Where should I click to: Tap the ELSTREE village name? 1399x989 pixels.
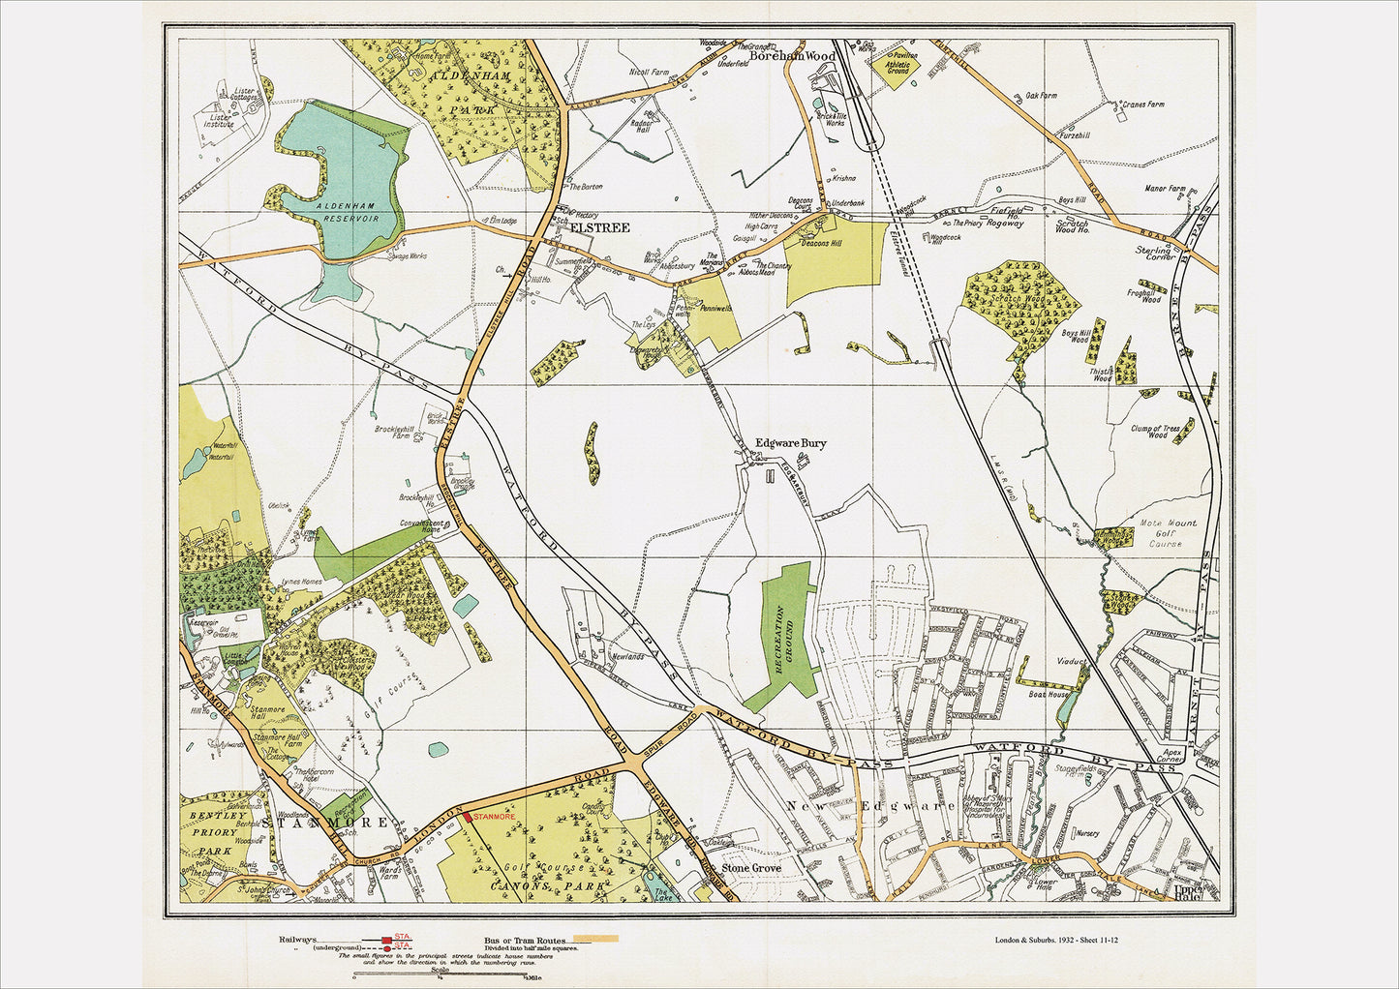pyautogui.click(x=600, y=227)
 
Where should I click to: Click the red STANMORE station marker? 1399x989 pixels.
pyautogui.click(x=468, y=817)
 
